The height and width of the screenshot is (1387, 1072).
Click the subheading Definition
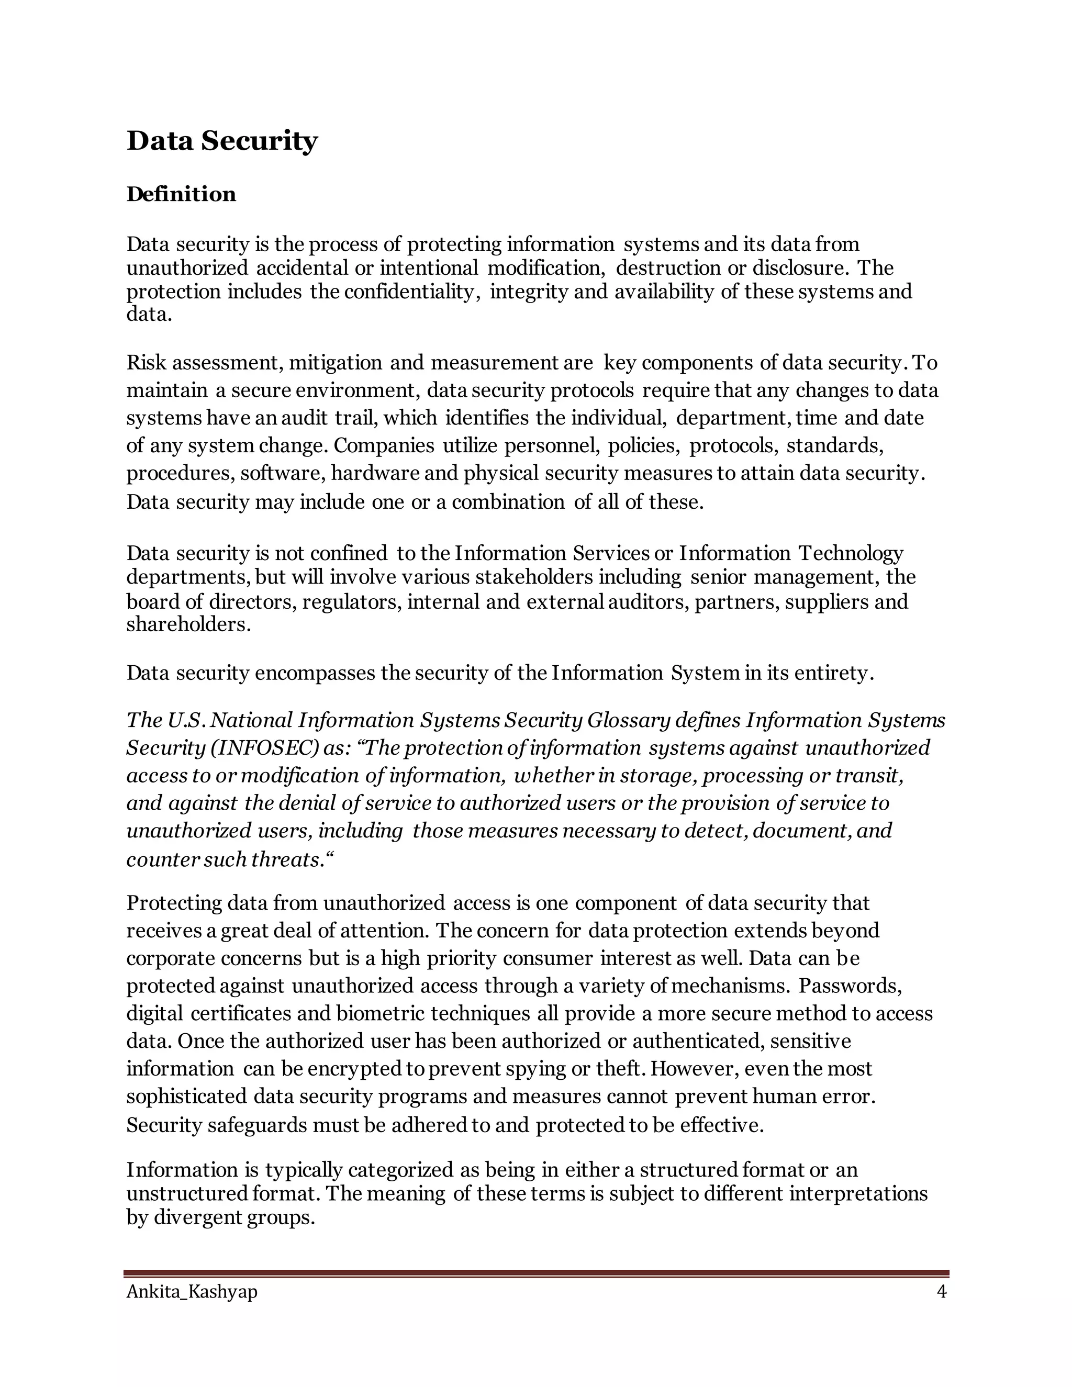click(x=181, y=194)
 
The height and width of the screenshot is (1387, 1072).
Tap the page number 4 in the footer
click(x=941, y=1292)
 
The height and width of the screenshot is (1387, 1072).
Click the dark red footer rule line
click(x=536, y=1273)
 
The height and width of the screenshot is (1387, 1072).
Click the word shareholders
click(x=188, y=625)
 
